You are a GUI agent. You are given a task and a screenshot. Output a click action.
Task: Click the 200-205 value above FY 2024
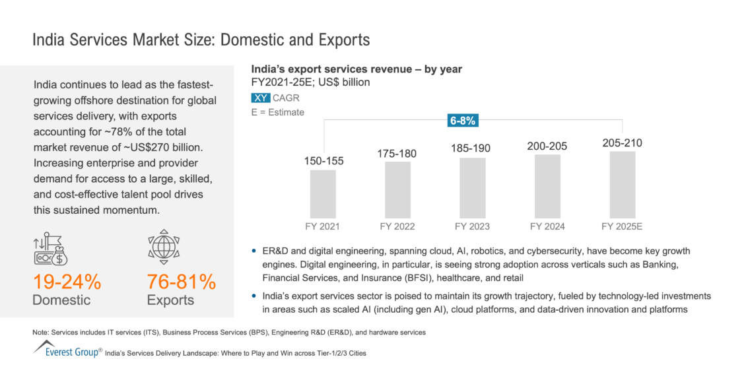click(547, 146)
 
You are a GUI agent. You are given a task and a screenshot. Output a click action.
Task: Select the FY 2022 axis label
click(397, 226)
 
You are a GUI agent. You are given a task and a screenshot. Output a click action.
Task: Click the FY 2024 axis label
click(547, 226)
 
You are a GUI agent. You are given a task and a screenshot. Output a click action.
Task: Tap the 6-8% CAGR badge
click(463, 120)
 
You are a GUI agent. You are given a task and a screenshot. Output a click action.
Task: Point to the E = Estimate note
click(277, 112)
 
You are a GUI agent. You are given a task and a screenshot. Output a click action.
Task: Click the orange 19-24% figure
click(67, 282)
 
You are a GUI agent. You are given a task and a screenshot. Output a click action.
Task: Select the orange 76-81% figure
click(181, 282)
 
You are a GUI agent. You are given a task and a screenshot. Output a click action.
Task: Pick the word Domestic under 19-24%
click(61, 300)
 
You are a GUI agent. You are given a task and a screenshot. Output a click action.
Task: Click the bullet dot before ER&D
click(255, 252)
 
